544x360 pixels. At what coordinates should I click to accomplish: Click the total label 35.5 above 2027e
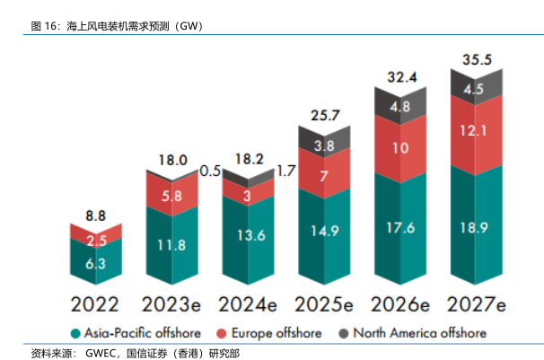tap(476, 60)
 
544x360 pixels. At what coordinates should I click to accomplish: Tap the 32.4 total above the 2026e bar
tap(401, 77)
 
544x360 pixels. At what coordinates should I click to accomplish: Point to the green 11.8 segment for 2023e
tap(172, 243)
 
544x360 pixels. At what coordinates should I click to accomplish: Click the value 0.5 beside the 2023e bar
tap(211, 170)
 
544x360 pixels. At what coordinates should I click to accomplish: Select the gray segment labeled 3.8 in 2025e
tap(325, 145)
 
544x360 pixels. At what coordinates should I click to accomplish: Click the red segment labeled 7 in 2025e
tap(325, 177)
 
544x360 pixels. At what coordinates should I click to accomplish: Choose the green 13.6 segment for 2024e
tap(248, 236)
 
